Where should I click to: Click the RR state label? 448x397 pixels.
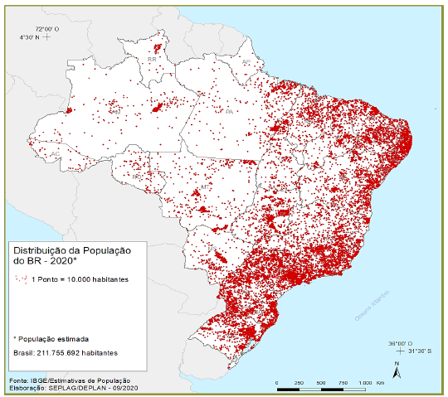pos(152,61)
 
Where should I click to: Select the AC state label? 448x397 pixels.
pos(54,154)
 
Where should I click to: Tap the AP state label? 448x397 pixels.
pos(246,62)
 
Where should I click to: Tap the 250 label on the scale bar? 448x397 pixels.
pos(298,382)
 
